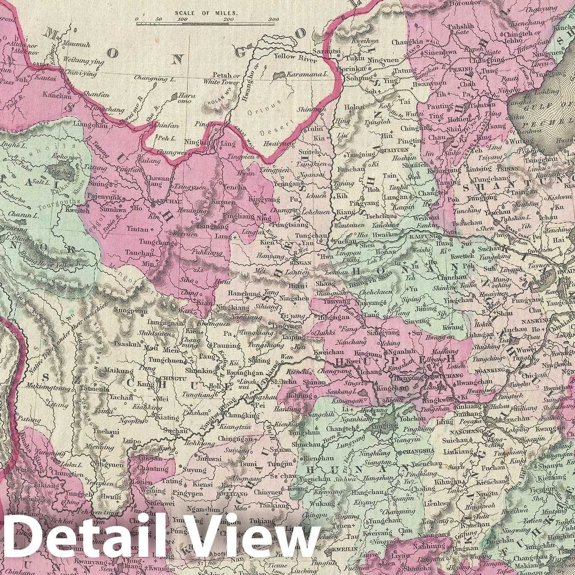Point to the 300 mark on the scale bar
[273, 20]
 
